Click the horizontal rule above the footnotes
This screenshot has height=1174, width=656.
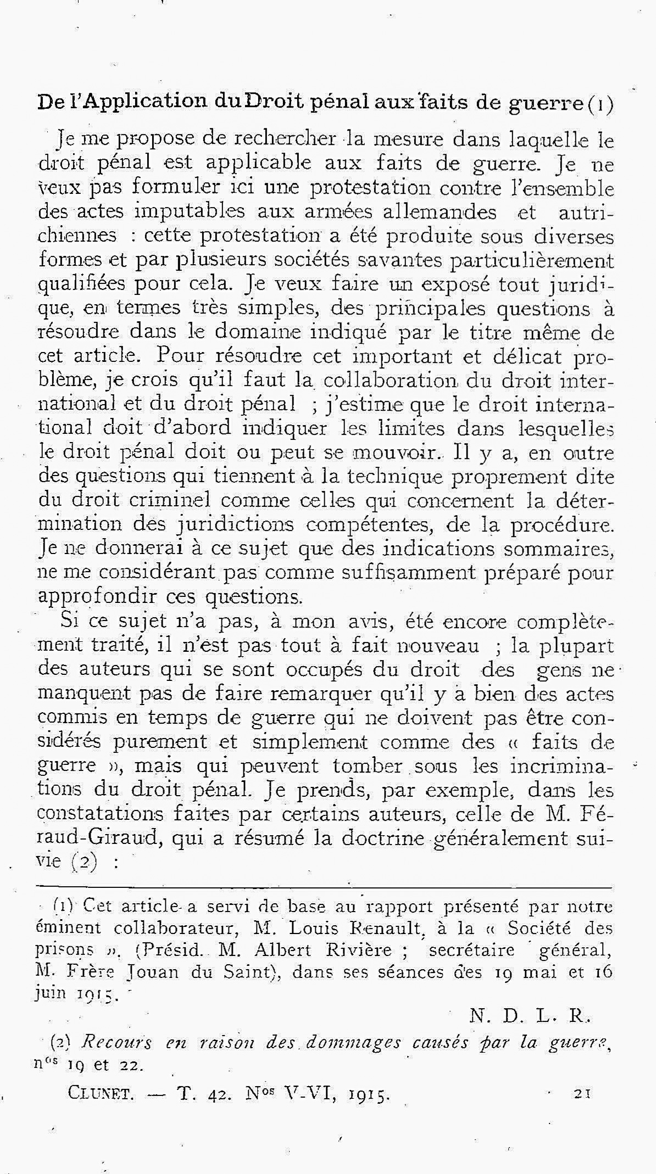point(324,887)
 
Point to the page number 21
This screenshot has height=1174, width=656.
point(581,1093)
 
